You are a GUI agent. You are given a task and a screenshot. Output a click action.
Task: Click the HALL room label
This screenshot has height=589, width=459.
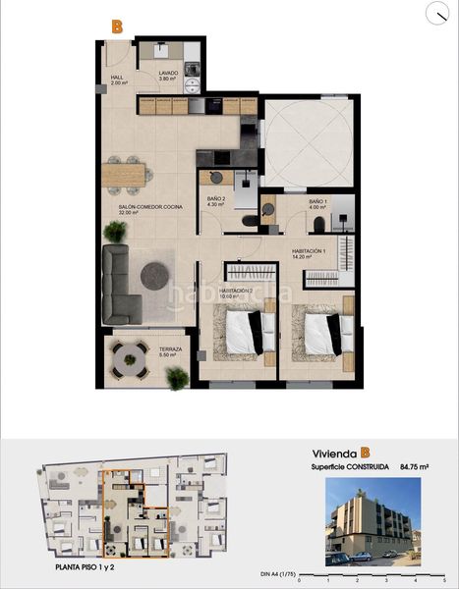point(117,80)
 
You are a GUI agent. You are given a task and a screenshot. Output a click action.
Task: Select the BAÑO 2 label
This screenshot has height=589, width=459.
point(217,204)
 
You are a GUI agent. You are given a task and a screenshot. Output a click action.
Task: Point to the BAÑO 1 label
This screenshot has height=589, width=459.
point(316,204)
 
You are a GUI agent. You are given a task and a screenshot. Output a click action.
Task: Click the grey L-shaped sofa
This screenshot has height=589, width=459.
point(119,286)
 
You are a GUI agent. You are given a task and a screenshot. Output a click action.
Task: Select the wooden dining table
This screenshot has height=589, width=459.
point(127,175)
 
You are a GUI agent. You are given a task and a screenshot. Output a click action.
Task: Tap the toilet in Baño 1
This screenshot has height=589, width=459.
point(267,208)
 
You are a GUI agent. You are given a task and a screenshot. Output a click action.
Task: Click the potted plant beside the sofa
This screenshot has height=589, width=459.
point(116,232)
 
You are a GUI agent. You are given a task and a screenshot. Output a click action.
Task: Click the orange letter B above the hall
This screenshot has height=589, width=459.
point(117,27)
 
